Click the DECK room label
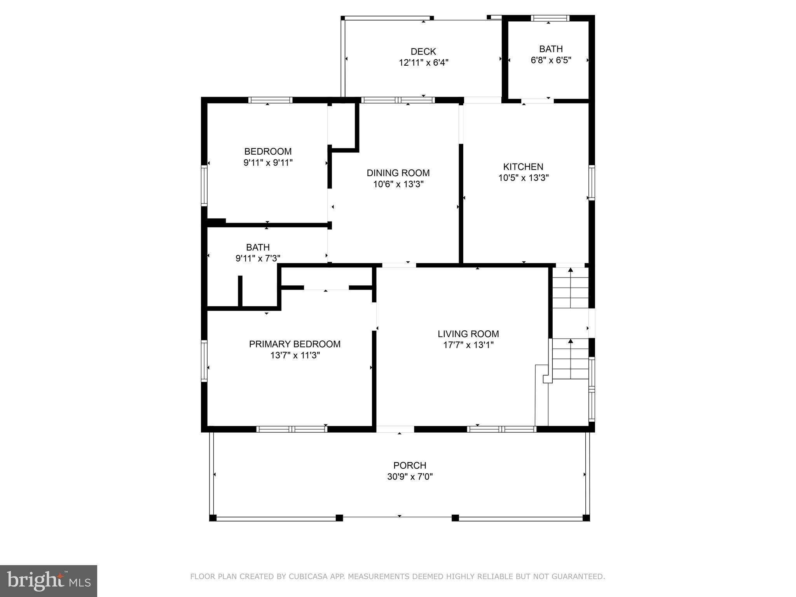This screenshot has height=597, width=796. click(423, 51)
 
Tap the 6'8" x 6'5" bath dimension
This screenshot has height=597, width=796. click(551, 60)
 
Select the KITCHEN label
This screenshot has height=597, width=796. click(523, 167)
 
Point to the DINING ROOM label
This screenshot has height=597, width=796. click(398, 173)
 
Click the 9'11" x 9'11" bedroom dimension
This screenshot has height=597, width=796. click(268, 162)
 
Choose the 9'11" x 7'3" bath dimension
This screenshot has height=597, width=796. click(258, 258)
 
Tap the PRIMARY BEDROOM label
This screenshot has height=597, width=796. click(295, 344)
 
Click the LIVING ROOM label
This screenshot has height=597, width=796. click(468, 334)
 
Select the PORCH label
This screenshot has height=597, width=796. click(410, 465)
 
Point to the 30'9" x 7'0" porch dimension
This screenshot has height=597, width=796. click(410, 477)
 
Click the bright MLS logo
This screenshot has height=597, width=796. click(49, 581)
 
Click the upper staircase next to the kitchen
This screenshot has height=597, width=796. click(570, 288)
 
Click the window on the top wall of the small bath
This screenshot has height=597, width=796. click(550, 18)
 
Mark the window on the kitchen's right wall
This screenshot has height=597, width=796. click(592, 183)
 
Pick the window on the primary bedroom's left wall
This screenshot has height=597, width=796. click(204, 361)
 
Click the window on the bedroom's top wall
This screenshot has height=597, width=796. click(270, 100)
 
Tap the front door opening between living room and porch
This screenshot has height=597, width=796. click(395, 429)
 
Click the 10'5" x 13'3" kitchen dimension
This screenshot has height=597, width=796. click(523, 178)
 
